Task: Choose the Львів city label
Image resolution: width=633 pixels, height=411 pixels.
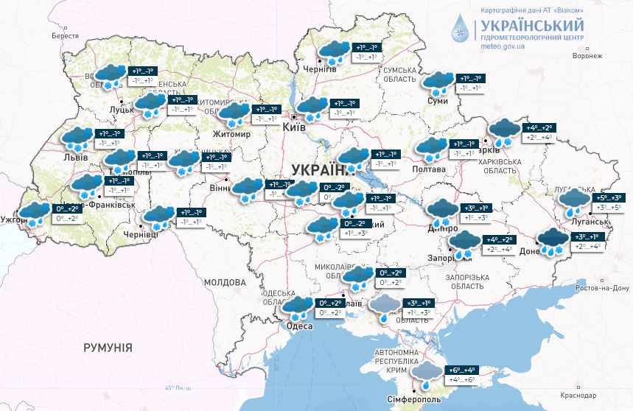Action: (x=76, y=158)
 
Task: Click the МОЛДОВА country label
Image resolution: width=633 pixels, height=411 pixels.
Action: (x=224, y=282)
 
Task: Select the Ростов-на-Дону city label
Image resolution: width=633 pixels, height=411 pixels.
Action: (x=598, y=287)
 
